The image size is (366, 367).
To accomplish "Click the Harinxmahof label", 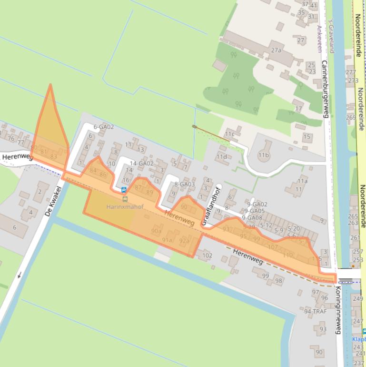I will point(125,207).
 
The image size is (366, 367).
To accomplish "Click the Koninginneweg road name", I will point(338,309).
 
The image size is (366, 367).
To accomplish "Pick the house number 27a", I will point(276,50).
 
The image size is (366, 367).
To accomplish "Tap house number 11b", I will point(264,155).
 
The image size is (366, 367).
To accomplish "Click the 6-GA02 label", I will point(103,127).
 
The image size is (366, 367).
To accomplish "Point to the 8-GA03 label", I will point(184,184).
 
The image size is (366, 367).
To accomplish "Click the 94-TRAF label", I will point(316,312).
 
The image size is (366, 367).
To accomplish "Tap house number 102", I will point(207,255).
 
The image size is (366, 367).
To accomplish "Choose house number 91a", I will point(167,240).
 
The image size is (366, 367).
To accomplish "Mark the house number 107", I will point(273,247).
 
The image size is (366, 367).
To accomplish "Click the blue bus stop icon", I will point(124,190).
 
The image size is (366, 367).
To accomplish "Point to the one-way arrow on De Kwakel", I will point(20,275).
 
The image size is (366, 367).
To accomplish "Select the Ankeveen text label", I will point(319,38).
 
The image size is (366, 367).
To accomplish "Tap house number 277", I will point(351,72).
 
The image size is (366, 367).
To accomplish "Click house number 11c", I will point(230,134).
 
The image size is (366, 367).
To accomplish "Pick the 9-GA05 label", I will point(256,211).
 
